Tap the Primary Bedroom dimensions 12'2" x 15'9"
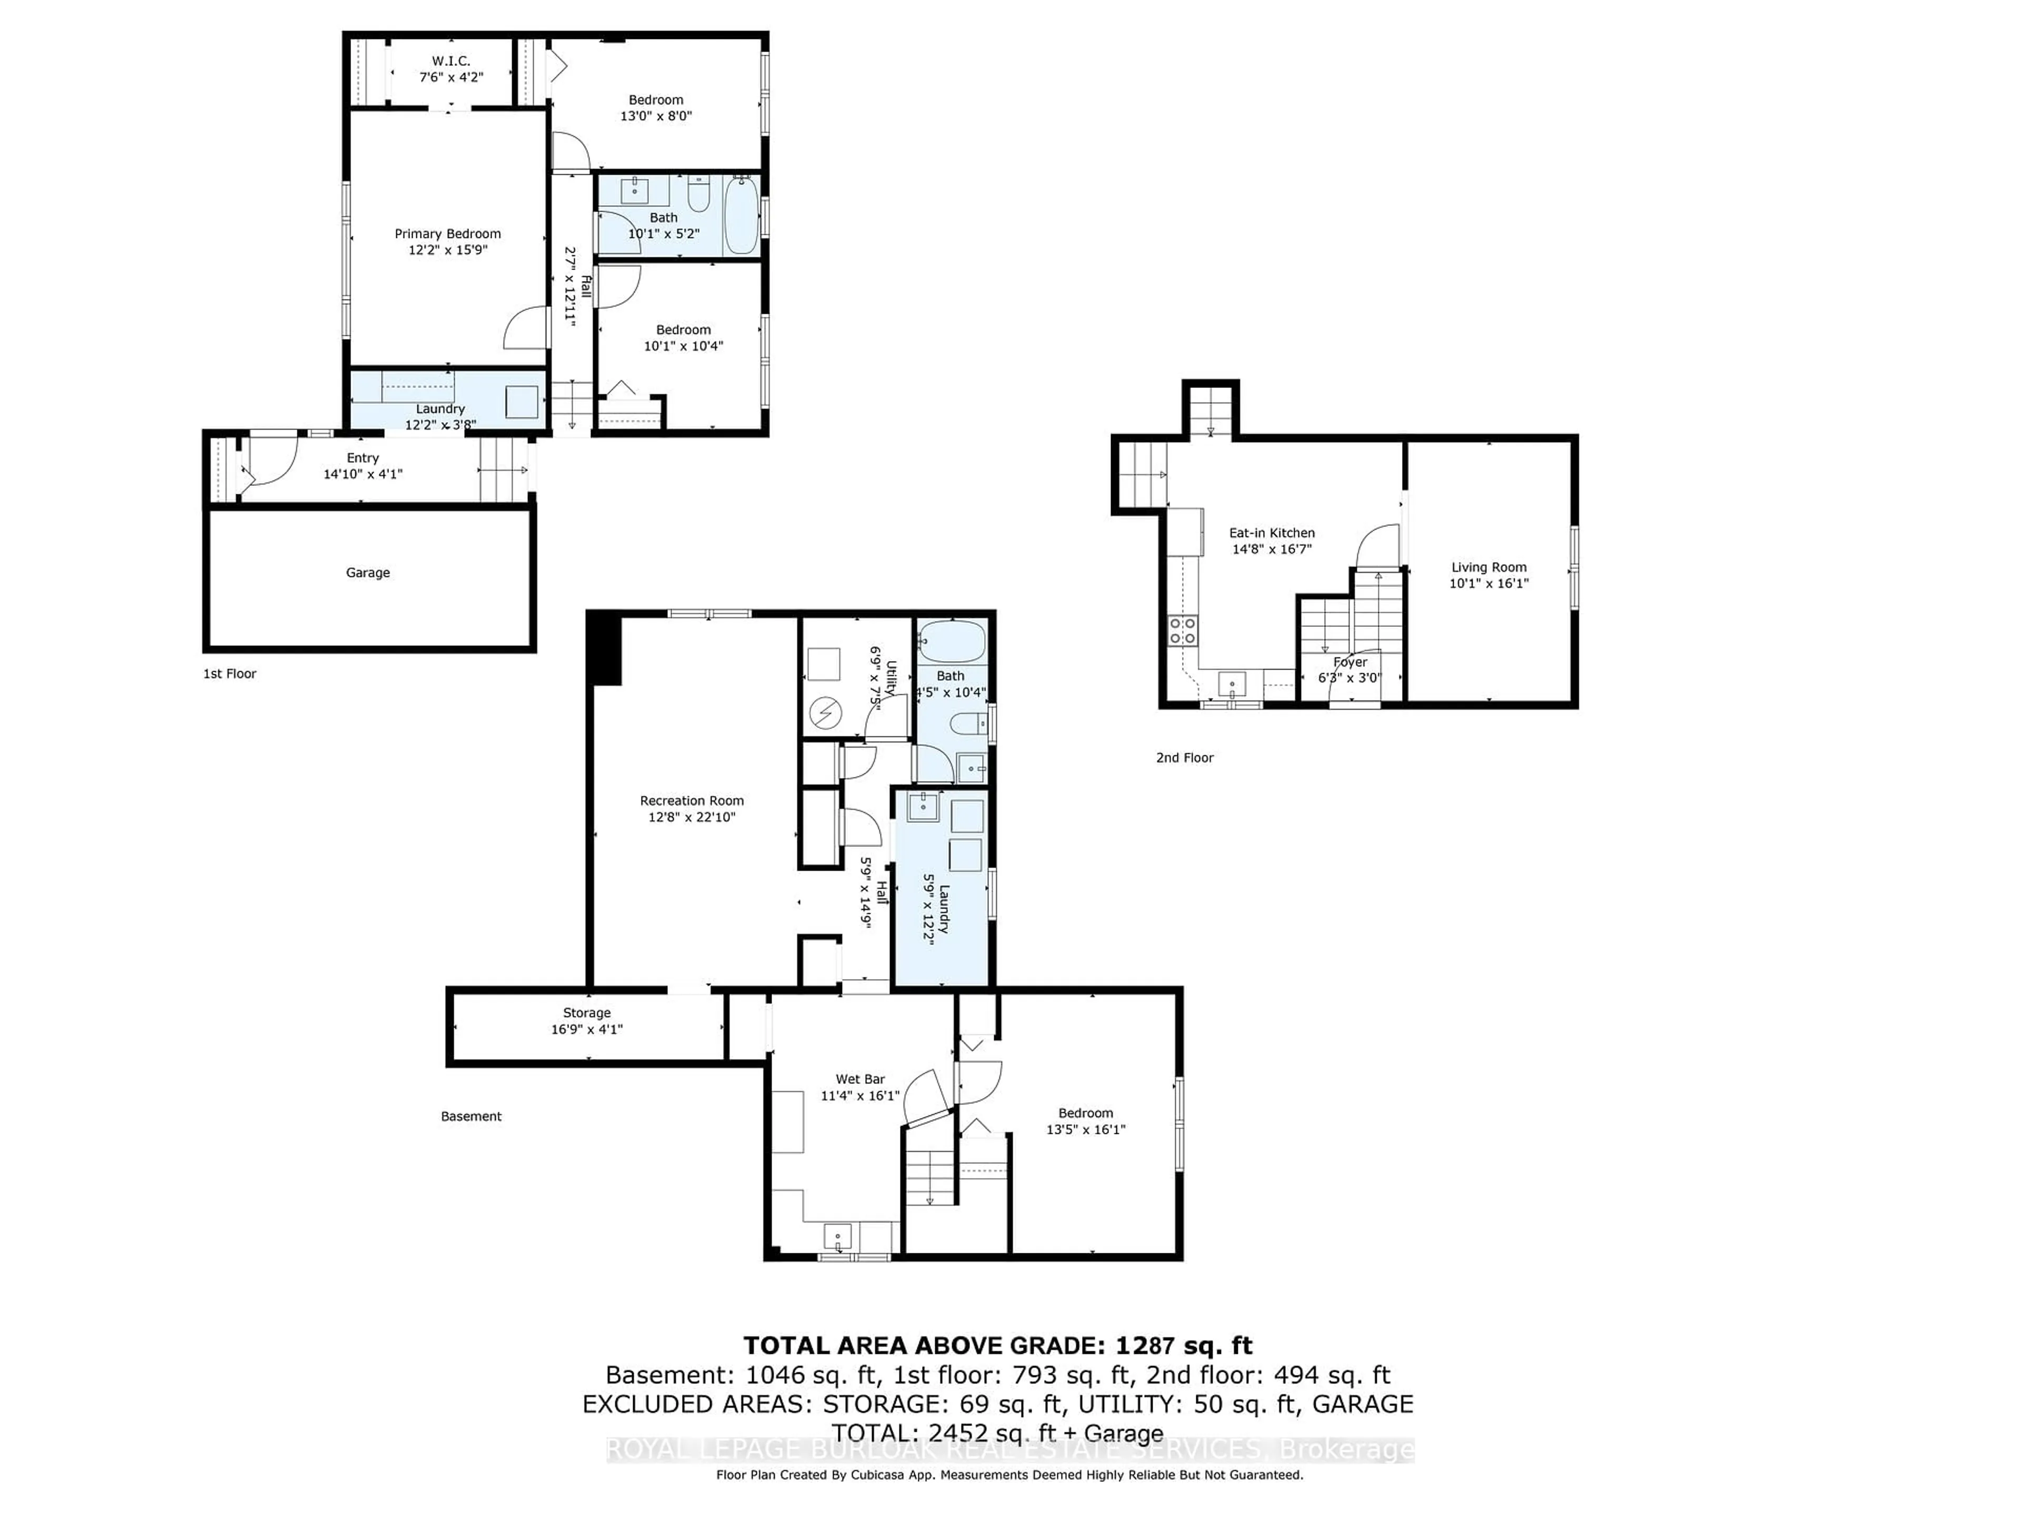point(448,250)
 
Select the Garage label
point(367,573)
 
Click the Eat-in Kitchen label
point(1272,533)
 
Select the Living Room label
point(1488,567)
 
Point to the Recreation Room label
point(692,801)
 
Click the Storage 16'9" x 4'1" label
point(587,1021)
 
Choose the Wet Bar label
point(860,1079)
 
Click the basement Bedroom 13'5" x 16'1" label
point(1085,1121)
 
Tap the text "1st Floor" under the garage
point(229,673)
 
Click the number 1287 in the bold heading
point(1145,1346)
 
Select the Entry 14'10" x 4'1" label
point(363,466)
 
